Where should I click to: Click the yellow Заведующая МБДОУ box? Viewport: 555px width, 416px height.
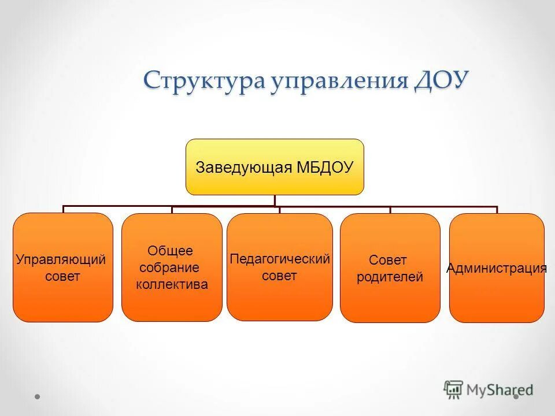click(275, 167)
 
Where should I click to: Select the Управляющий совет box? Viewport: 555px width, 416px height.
click(63, 268)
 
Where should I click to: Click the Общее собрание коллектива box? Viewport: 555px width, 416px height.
click(172, 268)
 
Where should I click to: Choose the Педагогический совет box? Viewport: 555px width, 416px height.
click(280, 267)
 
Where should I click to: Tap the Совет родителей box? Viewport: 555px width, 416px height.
click(390, 268)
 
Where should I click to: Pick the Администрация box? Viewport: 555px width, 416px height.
click(497, 268)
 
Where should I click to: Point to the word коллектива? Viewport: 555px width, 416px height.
click(172, 284)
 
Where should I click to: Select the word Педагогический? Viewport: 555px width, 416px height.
click(280, 259)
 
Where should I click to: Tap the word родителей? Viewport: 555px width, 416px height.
click(390, 277)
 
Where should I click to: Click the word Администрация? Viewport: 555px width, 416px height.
click(497, 268)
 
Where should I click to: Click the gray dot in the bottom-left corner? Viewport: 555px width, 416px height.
click(38, 396)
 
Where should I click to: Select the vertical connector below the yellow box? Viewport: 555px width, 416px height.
click(275, 200)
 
